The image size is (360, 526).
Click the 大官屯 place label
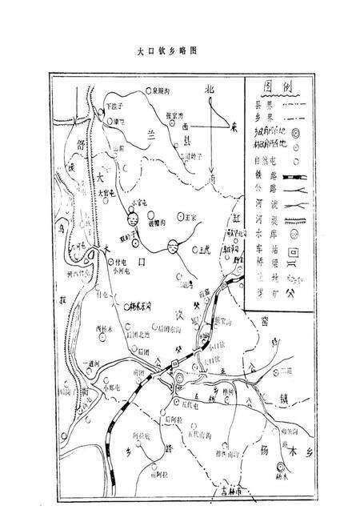pos(106,193)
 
